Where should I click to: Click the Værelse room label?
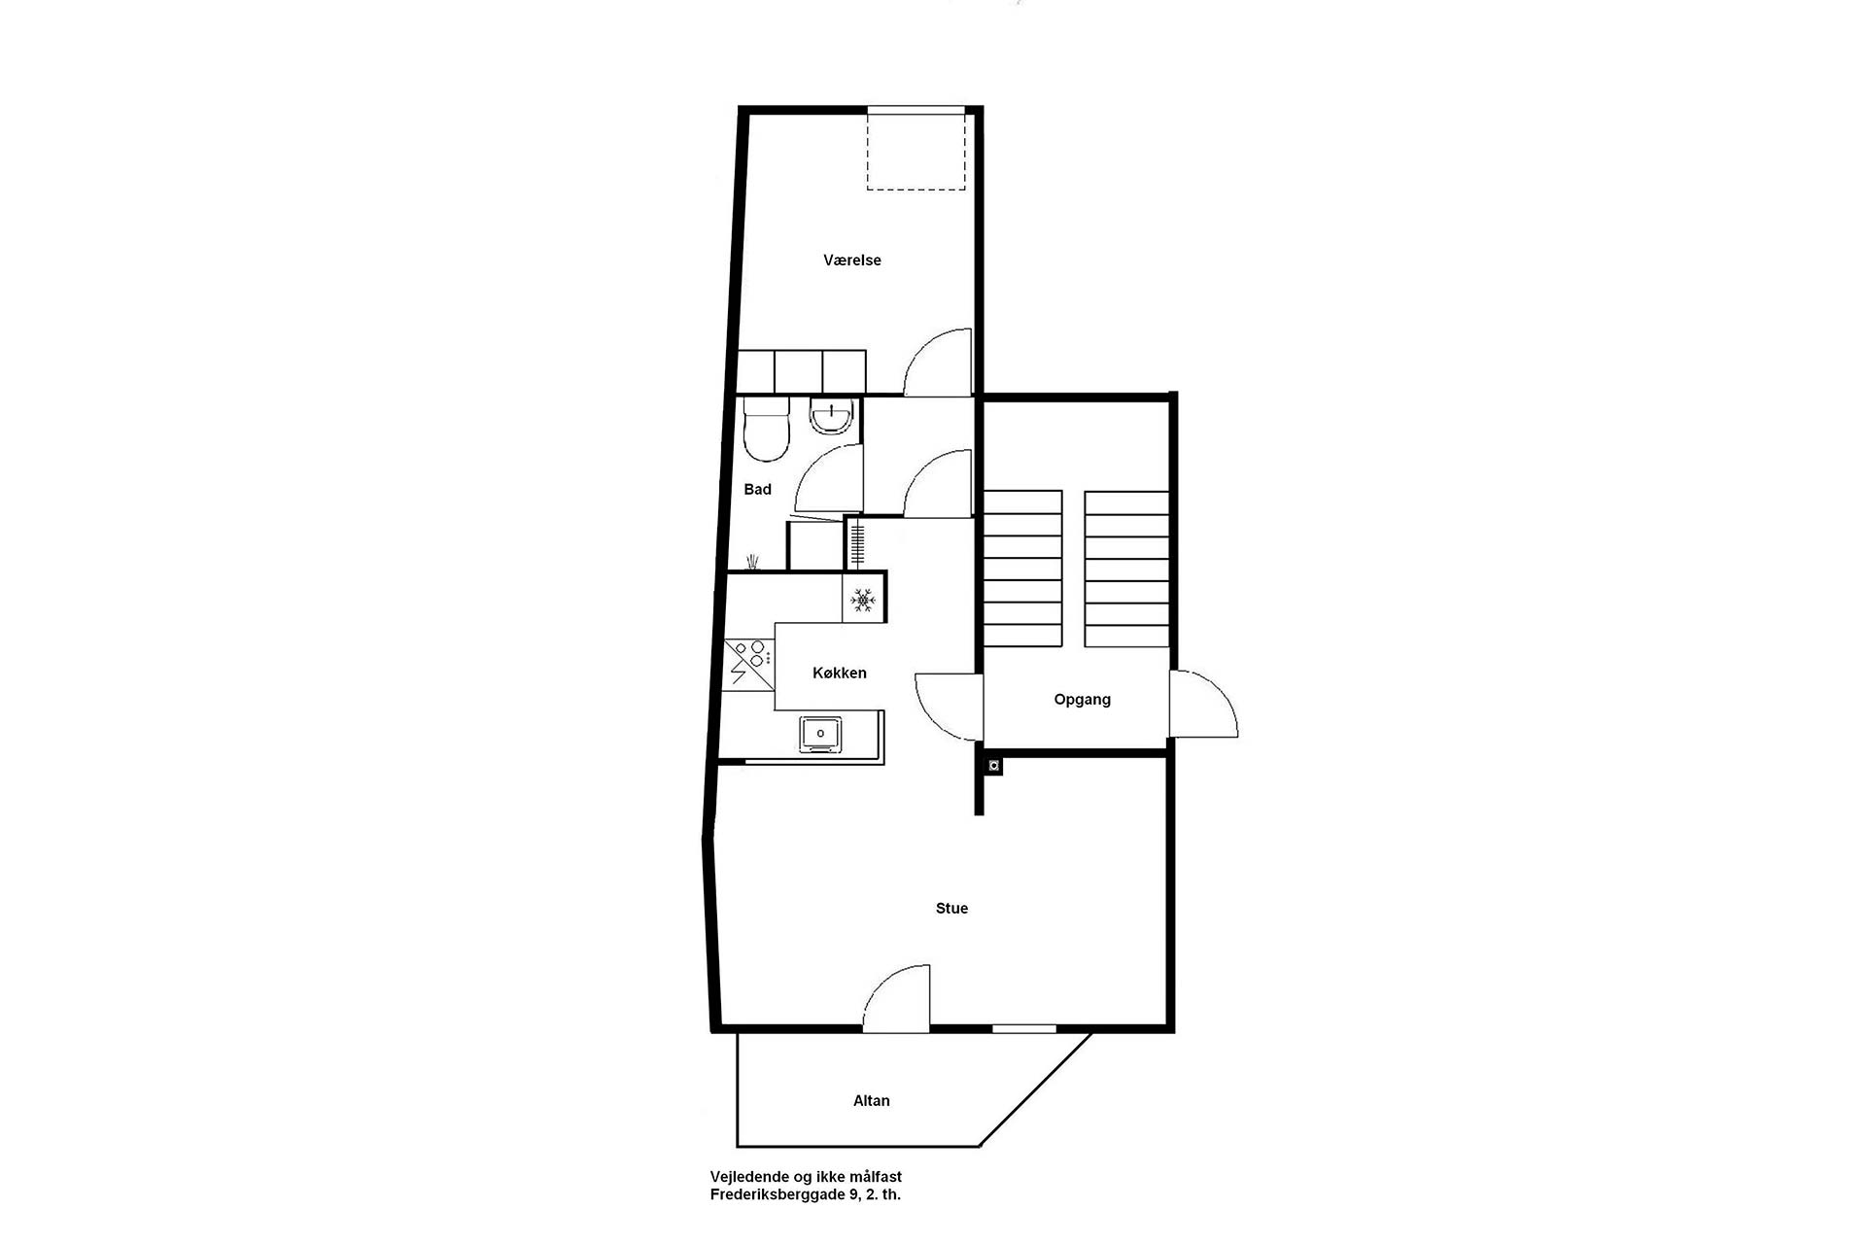[851, 260]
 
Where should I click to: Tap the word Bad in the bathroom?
[757, 489]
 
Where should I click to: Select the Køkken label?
[840, 673]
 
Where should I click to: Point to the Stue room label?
[951, 908]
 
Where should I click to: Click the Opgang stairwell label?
[1082, 700]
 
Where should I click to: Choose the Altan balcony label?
[871, 1100]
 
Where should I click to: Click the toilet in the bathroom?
[765, 429]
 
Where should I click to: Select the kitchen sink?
[821, 734]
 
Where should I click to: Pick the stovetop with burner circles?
[748, 664]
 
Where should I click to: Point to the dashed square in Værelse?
[916, 149]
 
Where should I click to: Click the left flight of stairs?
[1022, 569]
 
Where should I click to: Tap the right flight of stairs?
[1126, 569]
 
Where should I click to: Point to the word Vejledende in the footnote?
[747, 1177]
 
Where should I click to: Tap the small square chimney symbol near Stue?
[993, 766]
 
